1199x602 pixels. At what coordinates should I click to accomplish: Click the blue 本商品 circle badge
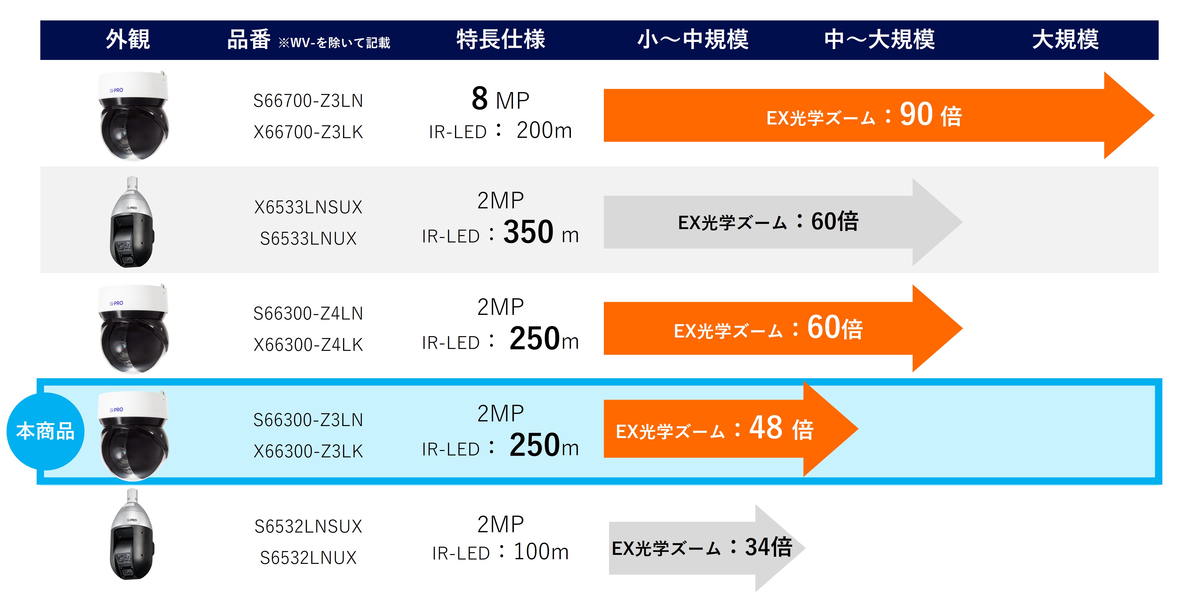(x=45, y=431)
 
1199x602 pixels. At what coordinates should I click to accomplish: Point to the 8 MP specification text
(x=500, y=99)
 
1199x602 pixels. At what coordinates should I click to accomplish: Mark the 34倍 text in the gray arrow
(x=768, y=547)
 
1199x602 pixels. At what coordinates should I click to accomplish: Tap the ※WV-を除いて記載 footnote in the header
(x=334, y=43)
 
